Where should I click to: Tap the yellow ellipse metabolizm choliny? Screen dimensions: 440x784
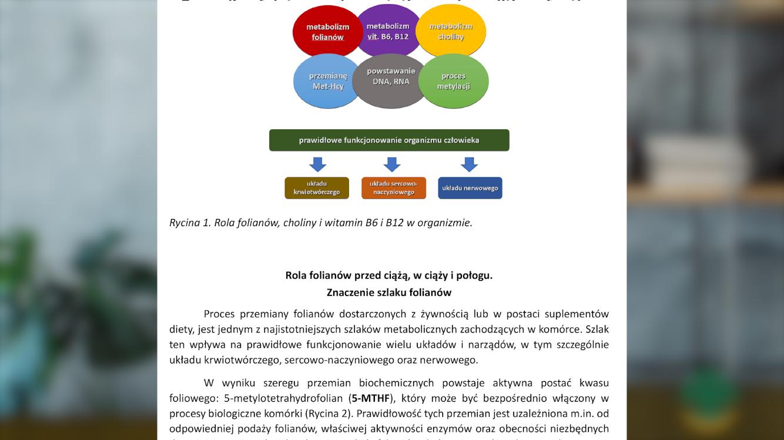point(451,31)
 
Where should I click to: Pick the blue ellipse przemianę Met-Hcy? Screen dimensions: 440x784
point(327,81)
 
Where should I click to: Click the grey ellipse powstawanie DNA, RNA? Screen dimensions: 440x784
point(391,80)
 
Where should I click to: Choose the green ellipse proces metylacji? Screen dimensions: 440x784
point(453,81)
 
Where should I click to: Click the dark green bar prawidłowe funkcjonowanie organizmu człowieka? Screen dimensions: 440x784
point(389,140)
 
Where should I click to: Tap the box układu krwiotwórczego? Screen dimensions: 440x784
point(317,188)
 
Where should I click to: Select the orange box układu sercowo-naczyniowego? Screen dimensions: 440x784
point(393,188)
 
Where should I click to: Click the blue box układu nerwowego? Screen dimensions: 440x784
point(470,188)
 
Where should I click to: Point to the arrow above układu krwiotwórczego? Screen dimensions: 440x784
point(317,164)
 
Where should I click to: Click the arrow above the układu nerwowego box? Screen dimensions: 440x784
point(469,164)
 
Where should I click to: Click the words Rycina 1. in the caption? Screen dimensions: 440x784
point(189,223)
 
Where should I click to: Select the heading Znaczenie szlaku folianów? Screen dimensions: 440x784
point(389,292)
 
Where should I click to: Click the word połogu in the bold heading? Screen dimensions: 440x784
point(474,275)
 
